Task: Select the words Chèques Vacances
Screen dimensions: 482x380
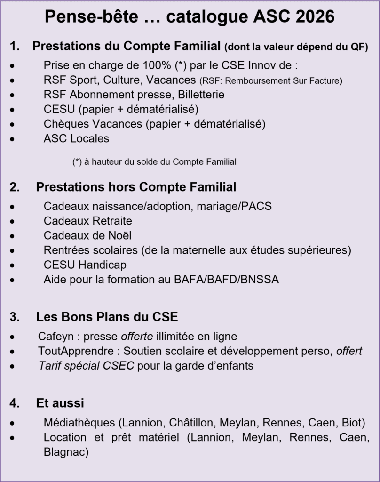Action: point(92,124)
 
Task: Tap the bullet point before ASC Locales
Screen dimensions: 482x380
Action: point(18,139)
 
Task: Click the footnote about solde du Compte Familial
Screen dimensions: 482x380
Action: point(154,161)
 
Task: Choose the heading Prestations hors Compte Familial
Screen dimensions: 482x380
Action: point(136,187)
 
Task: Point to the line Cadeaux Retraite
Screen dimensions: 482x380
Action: point(88,221)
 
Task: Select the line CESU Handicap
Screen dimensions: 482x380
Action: point(85,265)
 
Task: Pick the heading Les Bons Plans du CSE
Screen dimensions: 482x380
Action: point(107,317)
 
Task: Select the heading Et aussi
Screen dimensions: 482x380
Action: point(60,403)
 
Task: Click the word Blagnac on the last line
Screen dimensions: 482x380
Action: point(66,451)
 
